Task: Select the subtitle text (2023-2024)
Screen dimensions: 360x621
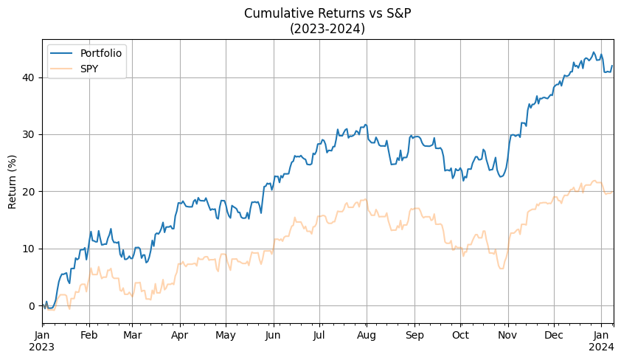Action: point(328,29)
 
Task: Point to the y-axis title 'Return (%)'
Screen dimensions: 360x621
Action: point(13,181)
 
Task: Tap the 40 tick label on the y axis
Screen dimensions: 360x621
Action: point(28,77)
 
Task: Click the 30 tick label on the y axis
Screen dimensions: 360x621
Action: point(28,134)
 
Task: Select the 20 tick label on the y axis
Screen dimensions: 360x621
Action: point(28,192)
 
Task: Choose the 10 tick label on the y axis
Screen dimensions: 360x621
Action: point(28,249)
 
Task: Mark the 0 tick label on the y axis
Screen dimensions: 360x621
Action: point(31,305)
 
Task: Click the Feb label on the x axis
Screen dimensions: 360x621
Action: point(89,336)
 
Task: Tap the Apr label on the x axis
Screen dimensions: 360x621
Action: point(180,336)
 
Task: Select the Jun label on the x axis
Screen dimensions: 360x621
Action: point(273,336)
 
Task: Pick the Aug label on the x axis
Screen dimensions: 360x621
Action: point(366,336)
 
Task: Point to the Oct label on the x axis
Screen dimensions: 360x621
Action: point(460,336)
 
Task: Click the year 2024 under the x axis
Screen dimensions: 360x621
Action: point(602,348)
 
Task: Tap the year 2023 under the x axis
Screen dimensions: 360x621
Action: point(43,348)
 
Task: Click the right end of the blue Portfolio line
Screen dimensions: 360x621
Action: point(613,66)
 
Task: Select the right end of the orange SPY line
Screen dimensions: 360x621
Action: point(613,192)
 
